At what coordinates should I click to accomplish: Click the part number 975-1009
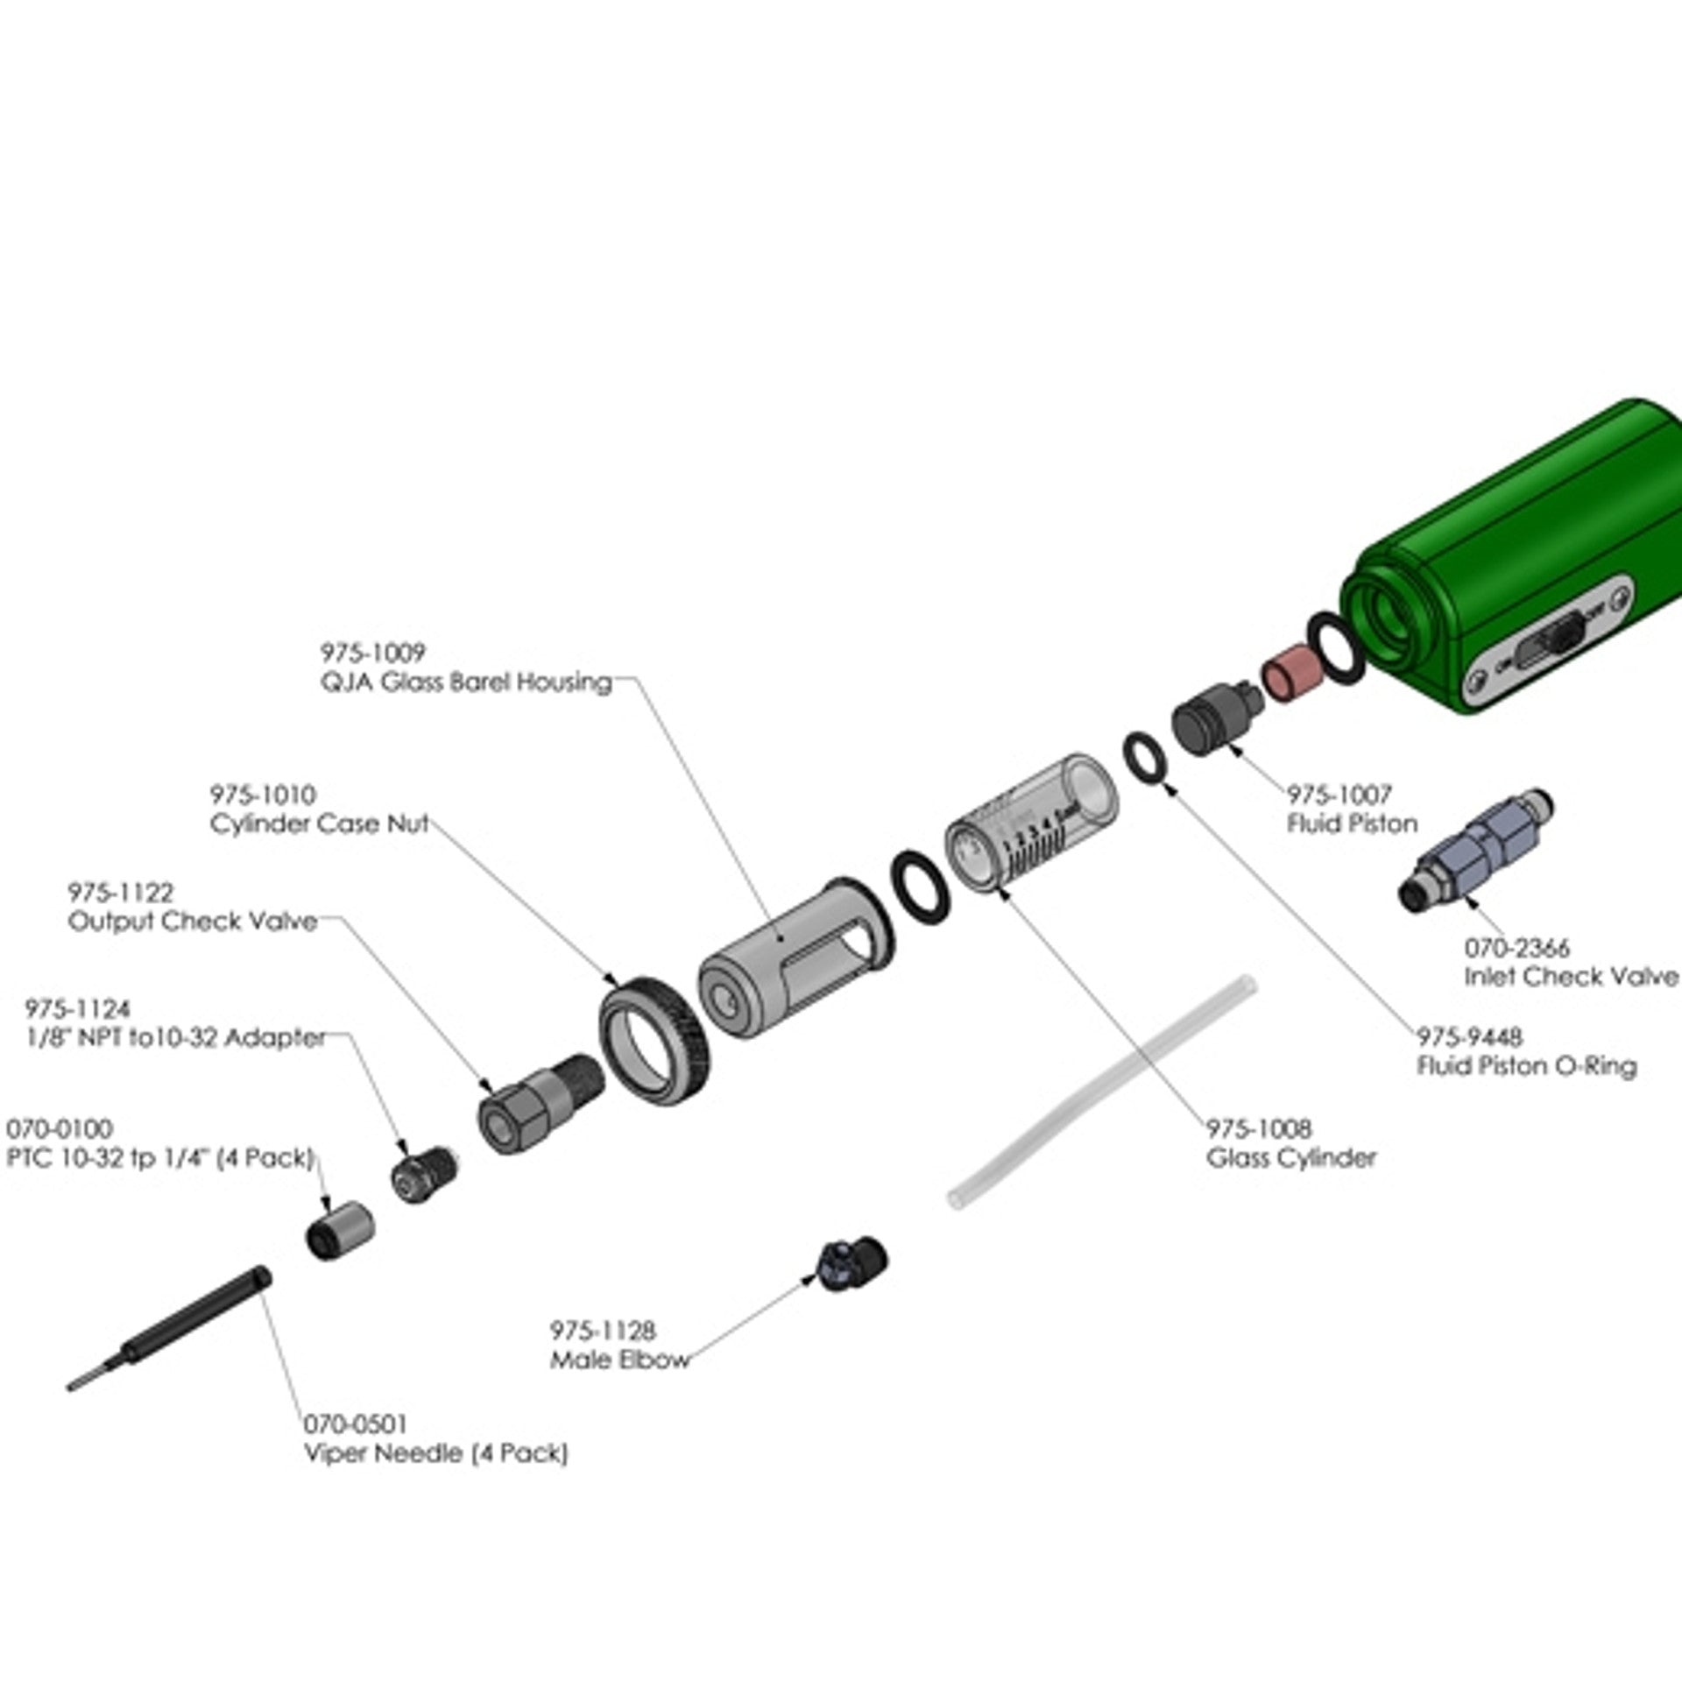(x=372, y=652)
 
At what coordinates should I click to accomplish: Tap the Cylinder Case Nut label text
(x=319, y=824)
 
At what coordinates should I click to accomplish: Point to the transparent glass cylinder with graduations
(x=1029, y=824)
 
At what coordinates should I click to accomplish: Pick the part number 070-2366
(x=1516, y=948)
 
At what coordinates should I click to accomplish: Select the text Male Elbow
(x=619, y=1360)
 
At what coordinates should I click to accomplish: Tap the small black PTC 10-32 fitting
(x=337, y=1232)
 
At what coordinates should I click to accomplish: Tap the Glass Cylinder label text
(x=1291, y=1158)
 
